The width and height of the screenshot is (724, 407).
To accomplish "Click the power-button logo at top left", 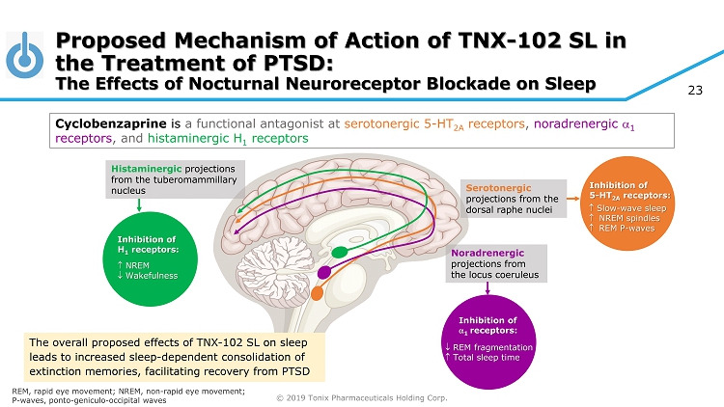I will tap(25, 57).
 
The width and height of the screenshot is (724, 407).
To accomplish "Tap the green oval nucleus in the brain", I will tap(338, 253).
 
